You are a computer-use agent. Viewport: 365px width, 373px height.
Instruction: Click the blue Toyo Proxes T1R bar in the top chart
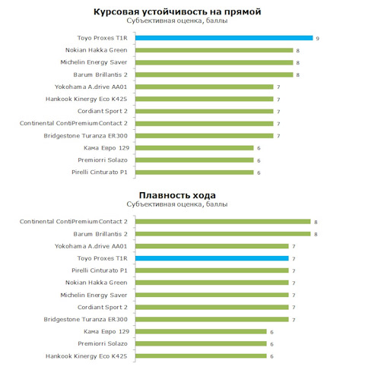pyautogui.click(x=224, y=38)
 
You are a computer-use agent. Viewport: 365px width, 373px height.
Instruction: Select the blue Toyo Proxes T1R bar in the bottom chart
pyautogui.click(x=212, y=258)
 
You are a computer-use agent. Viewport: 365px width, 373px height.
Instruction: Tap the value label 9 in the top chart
pyautogui.click(x=317, y=39)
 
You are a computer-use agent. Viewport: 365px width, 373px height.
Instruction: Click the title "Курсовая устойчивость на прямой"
pyautogui.click(x=177, y=11)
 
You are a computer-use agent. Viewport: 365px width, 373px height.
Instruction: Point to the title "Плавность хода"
pyautogui.click(x=177, y=195)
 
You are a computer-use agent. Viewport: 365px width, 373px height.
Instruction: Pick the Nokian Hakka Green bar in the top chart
pyautogui.click(x=214, y=50)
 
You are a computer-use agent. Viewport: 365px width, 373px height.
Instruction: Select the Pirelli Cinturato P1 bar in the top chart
pyautogui.click(x=195, y=172)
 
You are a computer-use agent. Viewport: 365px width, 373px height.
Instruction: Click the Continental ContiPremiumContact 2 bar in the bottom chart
pyautogui.click(x=223, y=222)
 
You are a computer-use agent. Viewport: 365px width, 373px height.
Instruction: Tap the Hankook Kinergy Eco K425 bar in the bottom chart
pyautogui.click(x=201, y=356)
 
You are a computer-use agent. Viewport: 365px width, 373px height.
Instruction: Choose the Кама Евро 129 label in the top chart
pyautogui.click(x=106, y=148)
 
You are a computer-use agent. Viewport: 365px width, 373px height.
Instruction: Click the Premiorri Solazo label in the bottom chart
pyautogui.click(x=103, y=343)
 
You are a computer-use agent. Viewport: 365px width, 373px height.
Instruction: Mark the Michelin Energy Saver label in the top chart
pyautogui.click(x=94, y=62)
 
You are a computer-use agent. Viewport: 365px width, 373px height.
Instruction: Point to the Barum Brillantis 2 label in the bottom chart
pyautogui.click(x=100, y=234)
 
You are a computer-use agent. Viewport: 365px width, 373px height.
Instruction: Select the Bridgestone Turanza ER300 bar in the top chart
pyautogui.click(x=205, y=136)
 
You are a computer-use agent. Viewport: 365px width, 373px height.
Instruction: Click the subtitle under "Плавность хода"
pyautogui.click(x=177, y=204)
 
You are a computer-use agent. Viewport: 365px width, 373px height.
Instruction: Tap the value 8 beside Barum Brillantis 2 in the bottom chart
pyautogui.click(x=316, y=234)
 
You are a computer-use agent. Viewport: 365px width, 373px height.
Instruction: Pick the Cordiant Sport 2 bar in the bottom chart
pyautogui.click(x=212, y=307)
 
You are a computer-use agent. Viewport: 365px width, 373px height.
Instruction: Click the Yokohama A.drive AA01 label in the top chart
pyautogui.click(x=91, y=87)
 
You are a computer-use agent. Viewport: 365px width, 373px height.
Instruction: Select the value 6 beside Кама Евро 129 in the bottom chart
pyautogui.click(x=271, y=332)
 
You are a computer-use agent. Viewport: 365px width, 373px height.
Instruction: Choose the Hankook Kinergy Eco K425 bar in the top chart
pyautogui.click(x=205, y=99)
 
